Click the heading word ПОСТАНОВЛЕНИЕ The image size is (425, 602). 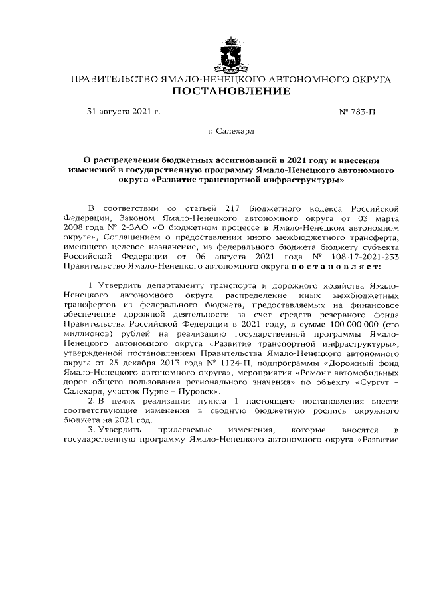point(231,92)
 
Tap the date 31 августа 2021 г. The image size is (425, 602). point(124,113)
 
